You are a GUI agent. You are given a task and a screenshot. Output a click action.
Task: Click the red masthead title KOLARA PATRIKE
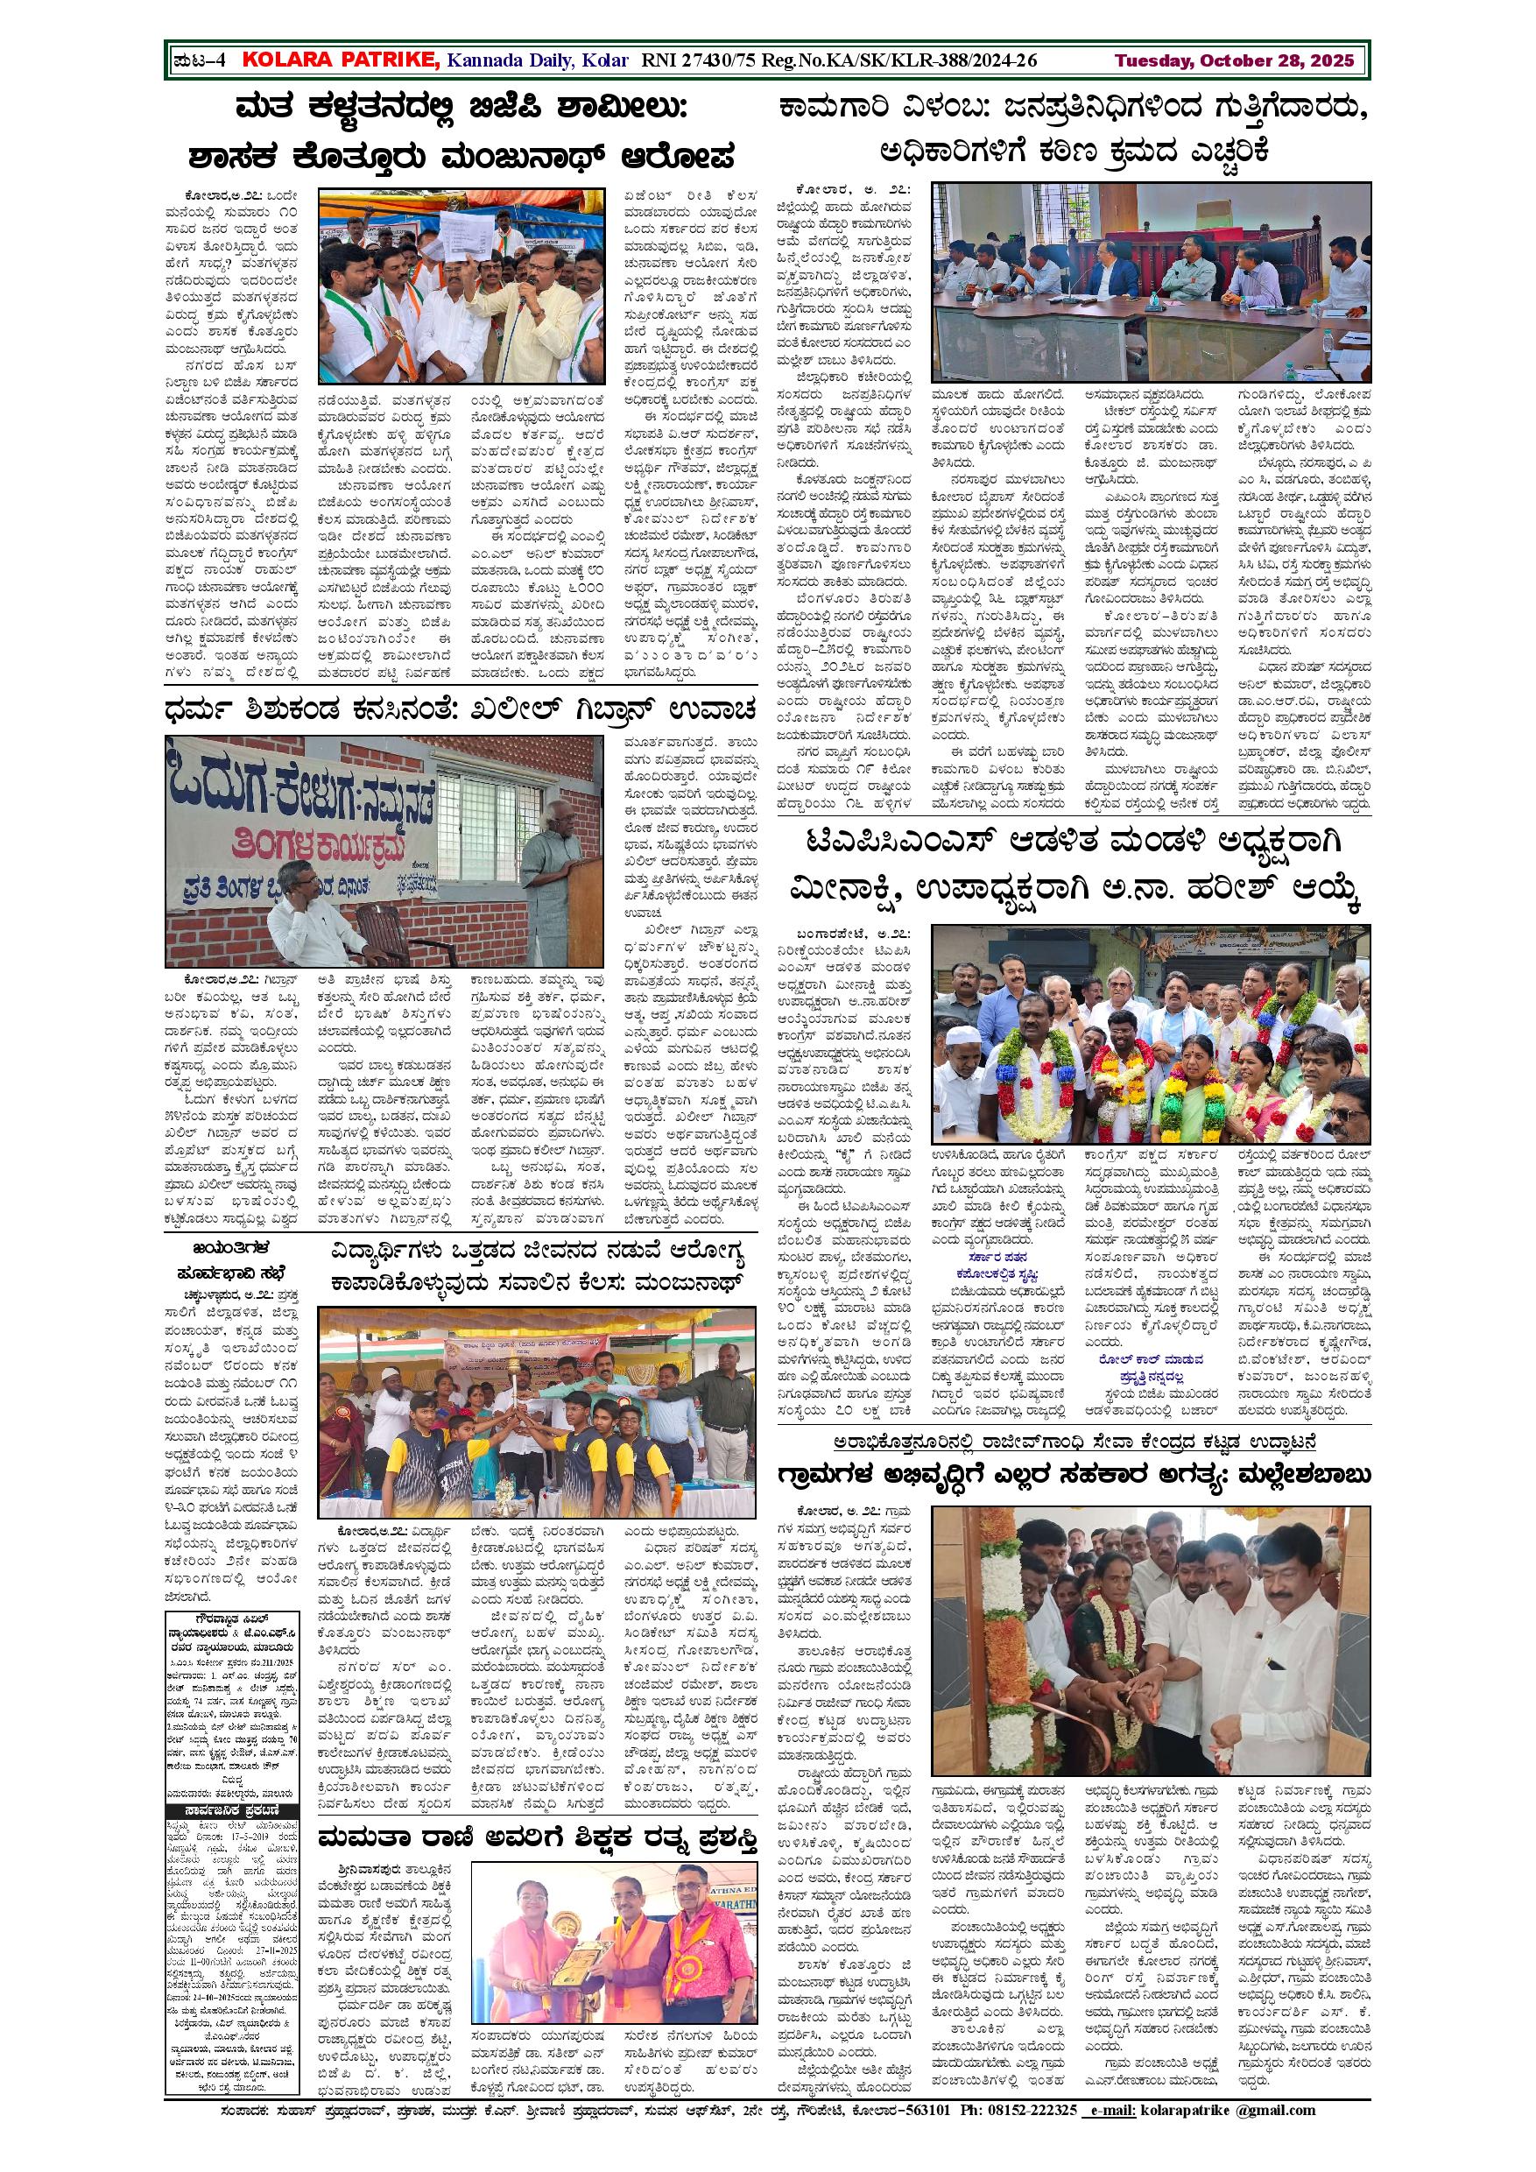[x=341, y=60]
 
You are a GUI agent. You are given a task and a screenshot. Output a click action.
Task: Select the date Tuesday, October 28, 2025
[x=1236, y=60]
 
